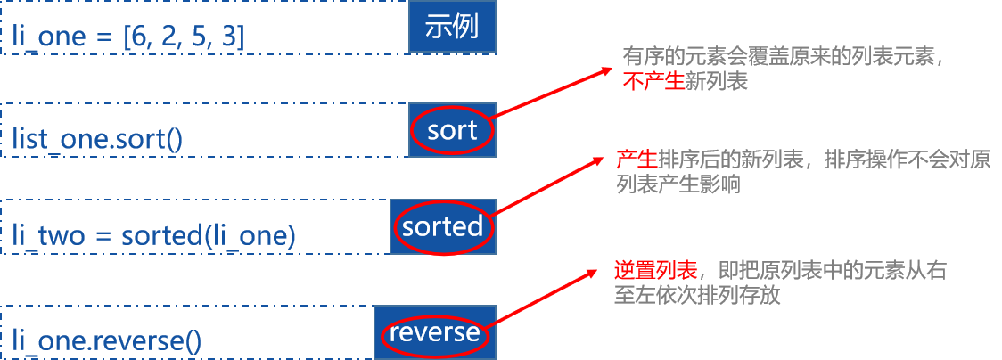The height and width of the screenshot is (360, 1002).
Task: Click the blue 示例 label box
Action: (451, 27)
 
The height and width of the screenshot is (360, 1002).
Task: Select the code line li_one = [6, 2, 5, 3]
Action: (129, 37)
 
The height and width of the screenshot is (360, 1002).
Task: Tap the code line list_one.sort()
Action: (99, 139)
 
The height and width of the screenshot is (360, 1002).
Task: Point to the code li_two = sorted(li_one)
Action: (153, 235)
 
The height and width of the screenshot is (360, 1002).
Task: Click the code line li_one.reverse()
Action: (107, 340)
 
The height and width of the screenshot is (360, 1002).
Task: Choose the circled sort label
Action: (452, 131)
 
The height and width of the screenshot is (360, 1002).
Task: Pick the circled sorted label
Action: (442, 226)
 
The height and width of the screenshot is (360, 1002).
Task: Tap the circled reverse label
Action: (434, 332)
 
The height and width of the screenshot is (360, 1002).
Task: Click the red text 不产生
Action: (653, 82)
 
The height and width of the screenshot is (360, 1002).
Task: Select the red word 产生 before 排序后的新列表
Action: (636, 160)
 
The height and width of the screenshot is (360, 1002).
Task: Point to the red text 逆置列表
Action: (655, 272)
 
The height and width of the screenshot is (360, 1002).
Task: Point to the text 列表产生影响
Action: (678, 184)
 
